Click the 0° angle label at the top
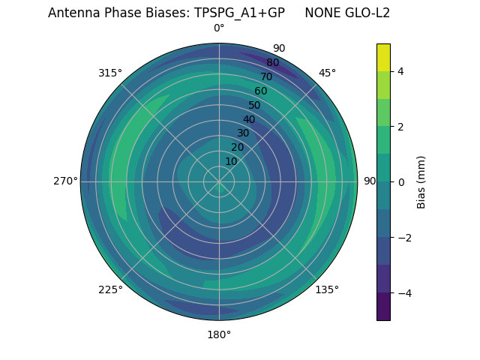[x=219, y=28]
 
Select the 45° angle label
[x=327, y=73]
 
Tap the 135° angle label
[x=327, y=289]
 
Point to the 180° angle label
[x=219, y=334]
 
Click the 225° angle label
[x=110, y=289]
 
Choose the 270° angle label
[x=66, y=181]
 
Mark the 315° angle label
[x=110, y=73]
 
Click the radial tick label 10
[x=231, y=161]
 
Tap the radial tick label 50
[x=254, y=105]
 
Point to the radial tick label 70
[x=266, y=76]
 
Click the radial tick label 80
[x=272, y=63]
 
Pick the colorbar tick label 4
[x=400, y=71]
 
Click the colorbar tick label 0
[x=400, y=181]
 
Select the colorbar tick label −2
[x=402, y=238]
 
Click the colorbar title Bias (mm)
[x=421, y=181]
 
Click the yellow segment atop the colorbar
[x=383, y=57]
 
